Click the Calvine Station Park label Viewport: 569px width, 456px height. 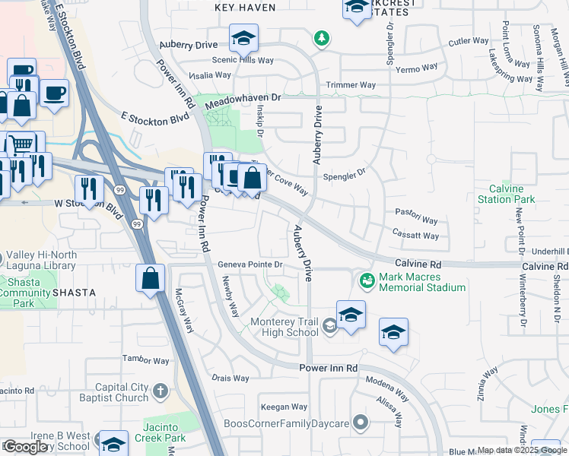pos(506,194)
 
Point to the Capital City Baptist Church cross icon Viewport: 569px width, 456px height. pos(160,391)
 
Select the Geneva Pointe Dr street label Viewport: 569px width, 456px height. pos(250,264)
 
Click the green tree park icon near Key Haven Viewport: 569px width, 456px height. pos(322,38)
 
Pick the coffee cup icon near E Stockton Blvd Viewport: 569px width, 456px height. pos(54,94)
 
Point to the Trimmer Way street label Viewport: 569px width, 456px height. pos(351,85)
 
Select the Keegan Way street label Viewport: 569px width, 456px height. pos(283,407)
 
